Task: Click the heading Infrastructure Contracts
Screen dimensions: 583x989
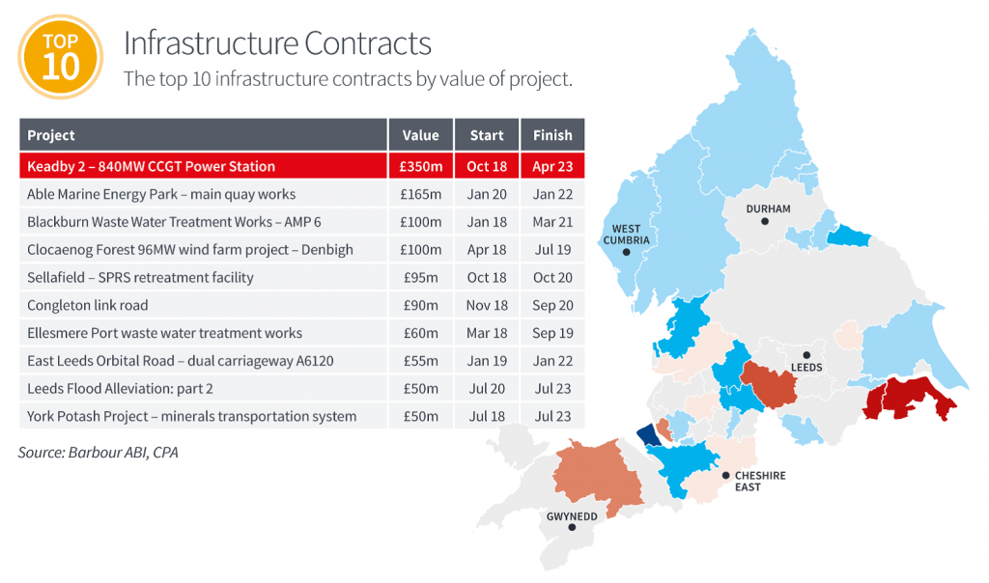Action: (276, 43)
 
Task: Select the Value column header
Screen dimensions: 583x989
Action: (420, 135)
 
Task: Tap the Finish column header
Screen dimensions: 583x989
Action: (551, 135)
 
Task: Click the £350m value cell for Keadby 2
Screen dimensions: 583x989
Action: (420, 166)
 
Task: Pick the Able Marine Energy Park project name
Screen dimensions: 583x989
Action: (161, 194)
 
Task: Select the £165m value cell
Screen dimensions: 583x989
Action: (420, 194)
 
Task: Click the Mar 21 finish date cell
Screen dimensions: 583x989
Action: (551, 222)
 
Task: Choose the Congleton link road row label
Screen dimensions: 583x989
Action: (88, 305)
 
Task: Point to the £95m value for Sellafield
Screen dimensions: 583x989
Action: (420, 277)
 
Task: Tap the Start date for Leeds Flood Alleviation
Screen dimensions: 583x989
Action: (487, 388)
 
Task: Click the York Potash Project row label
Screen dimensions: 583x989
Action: (191, 416)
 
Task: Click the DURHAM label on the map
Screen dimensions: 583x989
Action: (768, 208)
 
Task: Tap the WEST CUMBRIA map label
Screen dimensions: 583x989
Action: (626, 235)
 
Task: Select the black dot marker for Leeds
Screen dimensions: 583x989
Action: (806, 354)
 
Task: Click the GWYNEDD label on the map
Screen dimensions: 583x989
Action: (571, 515)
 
